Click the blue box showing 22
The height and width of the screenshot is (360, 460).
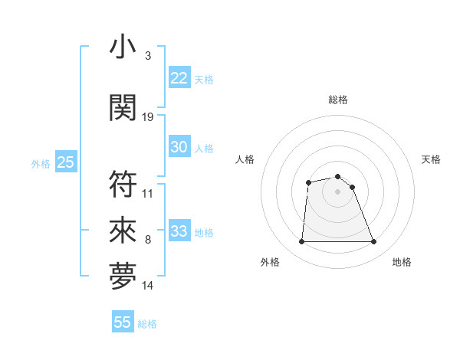click(179, 78)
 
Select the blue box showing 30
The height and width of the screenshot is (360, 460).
click(179, 148)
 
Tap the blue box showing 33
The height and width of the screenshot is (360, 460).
click(179, 232)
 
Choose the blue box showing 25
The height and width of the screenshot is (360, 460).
click(66, 162)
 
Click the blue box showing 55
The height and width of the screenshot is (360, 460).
click(123, 322)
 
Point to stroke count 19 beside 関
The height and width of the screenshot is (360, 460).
click(148, 116)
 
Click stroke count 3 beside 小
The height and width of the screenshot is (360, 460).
click(147, 56)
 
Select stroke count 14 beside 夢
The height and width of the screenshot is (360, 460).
click(148, 286)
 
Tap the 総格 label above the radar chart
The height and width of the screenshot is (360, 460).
click(337, 100)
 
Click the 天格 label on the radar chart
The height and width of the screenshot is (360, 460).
click(431, 159)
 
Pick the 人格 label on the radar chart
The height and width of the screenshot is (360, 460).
click(245, 159)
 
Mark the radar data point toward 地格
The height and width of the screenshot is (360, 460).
click(373, 242)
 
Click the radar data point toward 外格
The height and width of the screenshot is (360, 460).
click(301, 242)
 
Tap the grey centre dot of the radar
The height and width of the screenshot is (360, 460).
click(337, 191)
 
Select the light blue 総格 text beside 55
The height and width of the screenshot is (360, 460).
click(147, 324)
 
